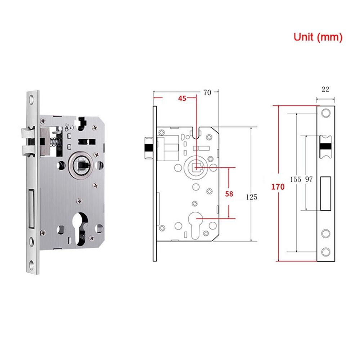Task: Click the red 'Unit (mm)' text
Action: (318, 37)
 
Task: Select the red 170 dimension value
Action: (278, 187)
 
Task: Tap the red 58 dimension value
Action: (229, 194)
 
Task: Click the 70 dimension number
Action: (207, 93)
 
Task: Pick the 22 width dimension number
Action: (325, 89)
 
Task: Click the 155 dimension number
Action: (295, 180)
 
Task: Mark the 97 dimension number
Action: (309, 180)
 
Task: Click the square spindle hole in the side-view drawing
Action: (197, 167)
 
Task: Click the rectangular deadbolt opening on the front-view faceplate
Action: (326, 193)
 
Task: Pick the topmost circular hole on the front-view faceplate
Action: (326, 113)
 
